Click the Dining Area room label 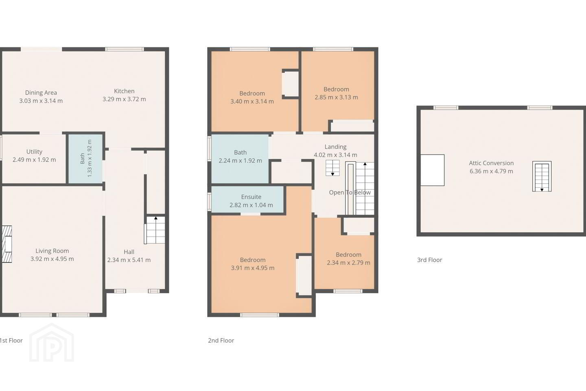(41, 92)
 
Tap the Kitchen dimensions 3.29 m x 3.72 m (124, 99)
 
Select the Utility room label (34, 152)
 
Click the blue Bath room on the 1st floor (85, 159)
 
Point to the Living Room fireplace (7, 244)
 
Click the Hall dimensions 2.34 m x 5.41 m (129, 260)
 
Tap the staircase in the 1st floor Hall (155, 230)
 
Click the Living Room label (52, 250)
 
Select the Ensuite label (251, 197)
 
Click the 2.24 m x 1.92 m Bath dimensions (240, 160)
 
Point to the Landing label (335, 147)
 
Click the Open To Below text (350, 193)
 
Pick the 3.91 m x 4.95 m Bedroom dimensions (252, 268)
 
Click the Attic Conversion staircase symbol (542, 176)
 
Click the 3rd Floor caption (430, 260)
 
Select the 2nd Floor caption (221, 340)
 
